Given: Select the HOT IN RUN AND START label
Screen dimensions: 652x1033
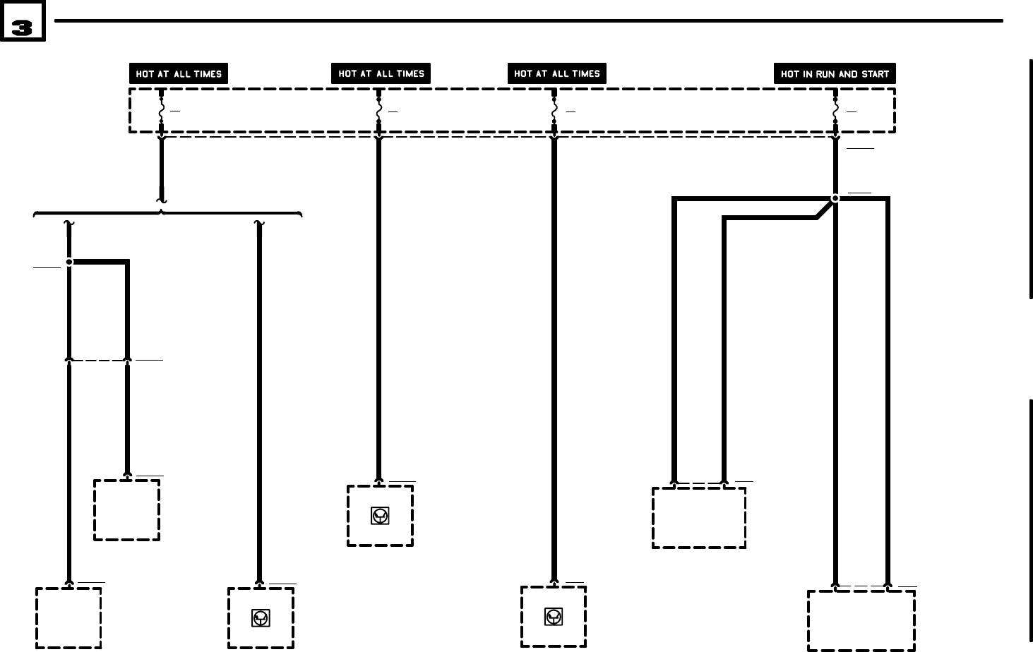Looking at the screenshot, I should click(x=835, y=74).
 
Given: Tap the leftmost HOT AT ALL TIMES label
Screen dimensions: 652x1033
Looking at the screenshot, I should click(x=179, y=74).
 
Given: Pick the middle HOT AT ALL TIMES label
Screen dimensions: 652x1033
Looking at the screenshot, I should click(x=381, y=74).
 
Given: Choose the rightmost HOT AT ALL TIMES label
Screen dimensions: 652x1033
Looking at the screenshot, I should click(x=556, y=74).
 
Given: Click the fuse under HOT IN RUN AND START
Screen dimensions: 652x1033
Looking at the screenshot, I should click(x=835, y=111).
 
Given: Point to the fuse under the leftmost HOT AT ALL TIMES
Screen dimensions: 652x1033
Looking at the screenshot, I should click(x=162, y=111).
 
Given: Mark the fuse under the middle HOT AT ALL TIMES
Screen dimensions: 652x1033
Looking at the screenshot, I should click(x=379, y=111).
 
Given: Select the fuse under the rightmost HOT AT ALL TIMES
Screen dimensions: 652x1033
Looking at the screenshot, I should click(x=554, y=111).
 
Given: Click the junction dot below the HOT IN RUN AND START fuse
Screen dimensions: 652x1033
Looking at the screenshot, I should click(x=835, y=199).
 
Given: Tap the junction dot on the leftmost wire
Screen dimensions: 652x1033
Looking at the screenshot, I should click(x=69, y=262).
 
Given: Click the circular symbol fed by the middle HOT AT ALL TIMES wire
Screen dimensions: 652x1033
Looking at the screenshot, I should click(x=380, y=517).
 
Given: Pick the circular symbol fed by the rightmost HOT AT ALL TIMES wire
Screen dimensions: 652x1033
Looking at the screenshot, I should click(x=554, y=617).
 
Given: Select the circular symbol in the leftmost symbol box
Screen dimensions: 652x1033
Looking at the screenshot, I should click(x=261, y=618).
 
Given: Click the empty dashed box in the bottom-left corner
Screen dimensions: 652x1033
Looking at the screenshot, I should click(x=68, y=618).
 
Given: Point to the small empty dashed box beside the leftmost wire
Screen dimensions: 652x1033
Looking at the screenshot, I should click(x=127, y=510).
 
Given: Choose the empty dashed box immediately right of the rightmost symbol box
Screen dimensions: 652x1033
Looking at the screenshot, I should click(x=699, y=518).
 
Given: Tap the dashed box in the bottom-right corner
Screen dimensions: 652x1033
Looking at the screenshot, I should click(x=861, y=620).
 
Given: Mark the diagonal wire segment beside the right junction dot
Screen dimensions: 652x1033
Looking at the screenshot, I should click(x=823, y=210).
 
